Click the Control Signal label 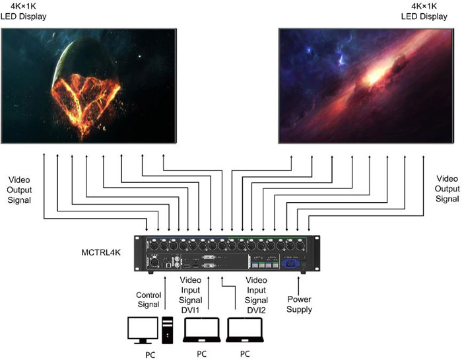pos(148,300)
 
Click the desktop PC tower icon pos(168,330)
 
